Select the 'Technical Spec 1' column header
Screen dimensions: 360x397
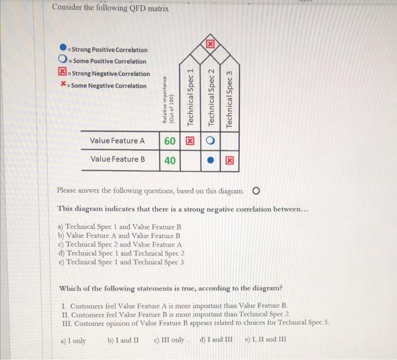[x=191, y=97]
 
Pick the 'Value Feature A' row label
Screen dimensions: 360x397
[x=117, y=141]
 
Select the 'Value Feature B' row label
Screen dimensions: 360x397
[x=117, y=159]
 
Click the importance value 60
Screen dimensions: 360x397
[x=170, y=141]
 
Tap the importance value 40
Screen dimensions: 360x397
[x=170, y=160]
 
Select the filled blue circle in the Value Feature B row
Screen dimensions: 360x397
[x=210, y=160]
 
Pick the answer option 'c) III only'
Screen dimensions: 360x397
[x=169, y=340]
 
